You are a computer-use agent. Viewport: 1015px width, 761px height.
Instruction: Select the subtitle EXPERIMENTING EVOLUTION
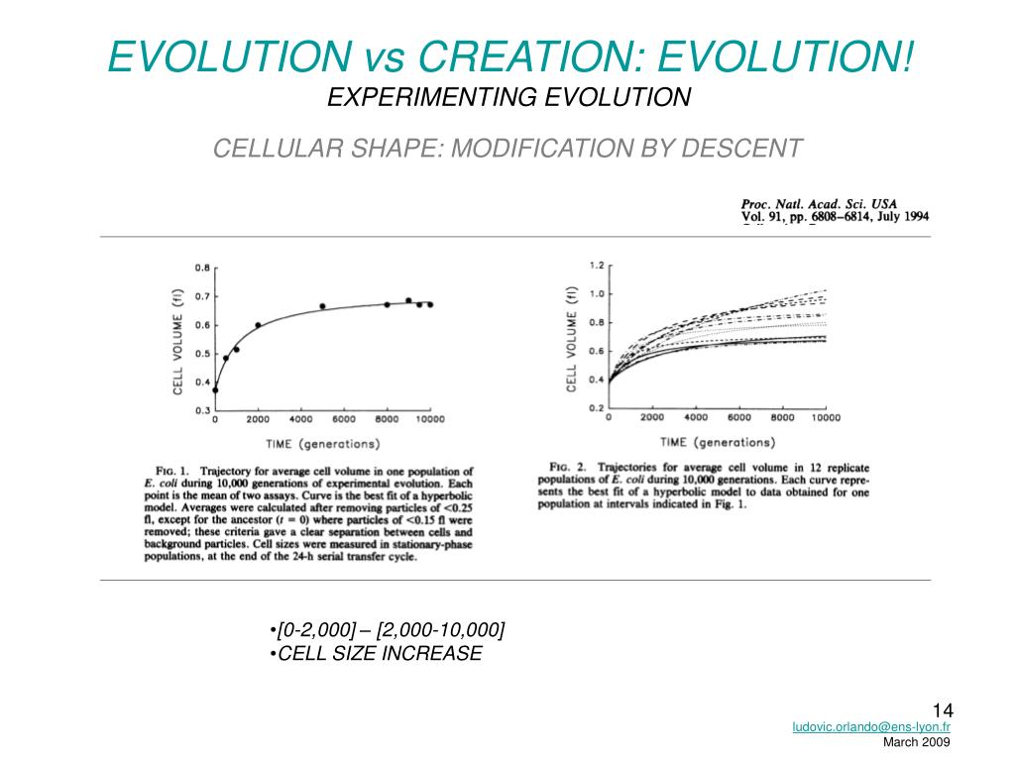(x=508, y=97)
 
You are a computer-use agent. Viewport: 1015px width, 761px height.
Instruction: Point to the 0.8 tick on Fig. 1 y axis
(x=202, y=269)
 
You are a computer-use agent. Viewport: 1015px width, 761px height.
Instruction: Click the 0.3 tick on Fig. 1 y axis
(x=202, y=410)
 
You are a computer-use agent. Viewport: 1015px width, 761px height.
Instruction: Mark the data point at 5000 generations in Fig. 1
(x=322, y=306)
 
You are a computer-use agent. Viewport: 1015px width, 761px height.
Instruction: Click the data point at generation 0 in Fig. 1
(x=215, y=390)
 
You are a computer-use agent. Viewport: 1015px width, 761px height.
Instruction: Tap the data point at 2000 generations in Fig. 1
(x=258, y=325)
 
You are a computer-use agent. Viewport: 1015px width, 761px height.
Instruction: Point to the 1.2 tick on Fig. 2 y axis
(x=597, y=266)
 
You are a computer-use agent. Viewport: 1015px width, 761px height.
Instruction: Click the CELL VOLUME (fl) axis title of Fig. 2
(x=572, y=337)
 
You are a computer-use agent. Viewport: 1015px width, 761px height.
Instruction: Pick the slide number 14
(x=942, y=709)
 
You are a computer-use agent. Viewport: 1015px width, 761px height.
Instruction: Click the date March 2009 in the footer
(x=917, y=742)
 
